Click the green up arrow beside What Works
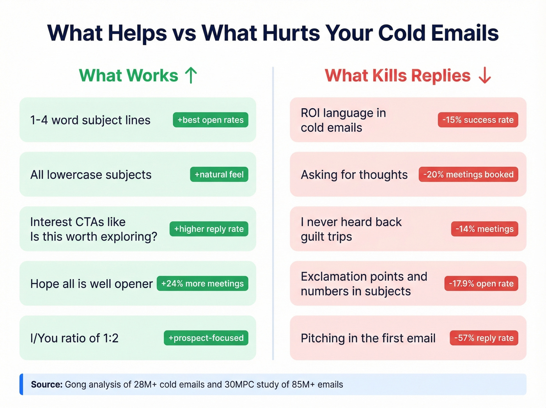(191, 75)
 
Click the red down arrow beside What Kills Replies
(485, 75)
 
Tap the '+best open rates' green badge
(211, 120)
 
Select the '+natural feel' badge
(219, 175)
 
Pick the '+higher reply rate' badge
(209, 229)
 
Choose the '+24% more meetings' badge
(202, 283)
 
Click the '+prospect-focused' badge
(206, 338)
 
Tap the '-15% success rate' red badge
(478, 120)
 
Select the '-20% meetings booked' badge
(468, 175)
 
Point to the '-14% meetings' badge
(484, 229)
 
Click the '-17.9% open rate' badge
(481, 283)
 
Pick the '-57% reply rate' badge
(484, 338)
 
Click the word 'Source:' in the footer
(47, 385)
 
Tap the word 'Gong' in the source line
(76, 385)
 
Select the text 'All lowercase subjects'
(91, 175)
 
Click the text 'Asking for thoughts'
(354, 175)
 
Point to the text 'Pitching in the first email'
(368, 338)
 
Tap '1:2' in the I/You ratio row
(111, 338)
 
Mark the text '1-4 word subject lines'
(90, 120)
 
